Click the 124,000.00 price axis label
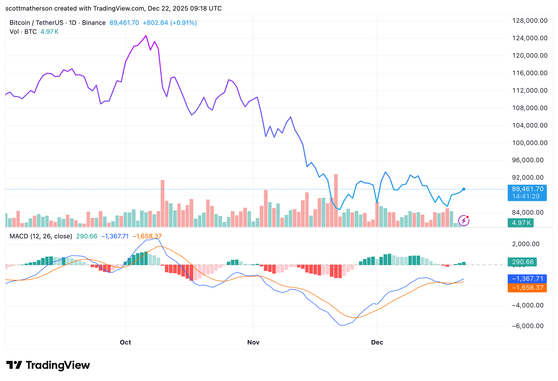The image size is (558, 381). coord(530,38)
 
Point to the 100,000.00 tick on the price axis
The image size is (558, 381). coord(530,143)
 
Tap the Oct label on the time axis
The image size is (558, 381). coord(125,342)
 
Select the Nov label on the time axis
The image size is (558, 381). coord(253,342)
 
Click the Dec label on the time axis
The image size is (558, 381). coord(377,342)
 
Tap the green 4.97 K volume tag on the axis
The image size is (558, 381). coord(521,223)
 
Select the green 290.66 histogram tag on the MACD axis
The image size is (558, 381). coord(522,262)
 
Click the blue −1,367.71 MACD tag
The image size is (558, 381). coord(527,279)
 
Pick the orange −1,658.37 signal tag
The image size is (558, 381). coord(527,288)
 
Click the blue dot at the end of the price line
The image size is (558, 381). coord(463,189)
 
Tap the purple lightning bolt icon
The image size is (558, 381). coord(464,221)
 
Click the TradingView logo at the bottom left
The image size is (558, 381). coord(48,365)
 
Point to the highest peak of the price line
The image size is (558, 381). coord(146,36)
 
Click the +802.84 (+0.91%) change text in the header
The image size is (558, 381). coord(170,23)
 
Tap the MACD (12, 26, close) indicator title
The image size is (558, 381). coord(41,236)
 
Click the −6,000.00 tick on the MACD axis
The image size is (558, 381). coord(528,326)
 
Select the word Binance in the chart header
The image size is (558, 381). coord(94,23)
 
